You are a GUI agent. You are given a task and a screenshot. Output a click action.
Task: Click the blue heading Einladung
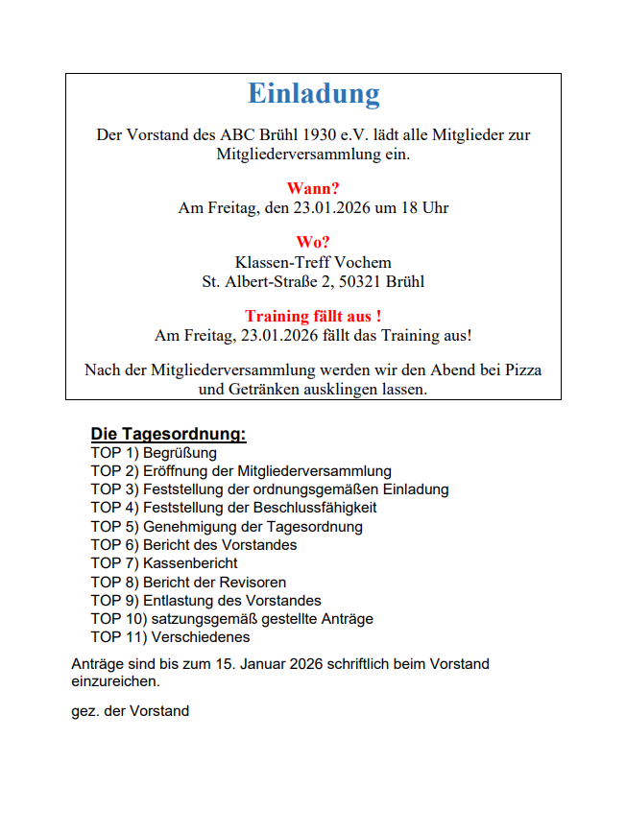point(313,94)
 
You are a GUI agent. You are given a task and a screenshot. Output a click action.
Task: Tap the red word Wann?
point(313,189)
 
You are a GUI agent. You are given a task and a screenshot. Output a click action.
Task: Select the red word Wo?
point(313,244)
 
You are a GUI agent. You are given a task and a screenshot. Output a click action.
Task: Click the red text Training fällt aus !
point(313,317)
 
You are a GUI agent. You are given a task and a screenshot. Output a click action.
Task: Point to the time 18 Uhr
point(424,207)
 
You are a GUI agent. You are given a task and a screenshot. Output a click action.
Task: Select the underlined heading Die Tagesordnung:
point(168,434)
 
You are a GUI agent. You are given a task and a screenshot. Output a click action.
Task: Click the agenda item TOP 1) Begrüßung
point(154,453)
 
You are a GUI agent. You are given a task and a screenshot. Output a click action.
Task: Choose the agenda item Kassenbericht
point(190,563)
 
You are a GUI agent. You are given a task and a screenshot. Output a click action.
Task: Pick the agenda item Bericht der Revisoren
point(214,582)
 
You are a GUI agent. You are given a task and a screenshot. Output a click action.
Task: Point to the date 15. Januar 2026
point(262,664)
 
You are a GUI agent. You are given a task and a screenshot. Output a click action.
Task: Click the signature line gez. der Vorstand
point(130,711)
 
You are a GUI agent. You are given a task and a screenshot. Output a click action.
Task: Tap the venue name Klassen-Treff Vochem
point(313,263)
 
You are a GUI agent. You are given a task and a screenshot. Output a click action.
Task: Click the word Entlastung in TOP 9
point(178,601)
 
